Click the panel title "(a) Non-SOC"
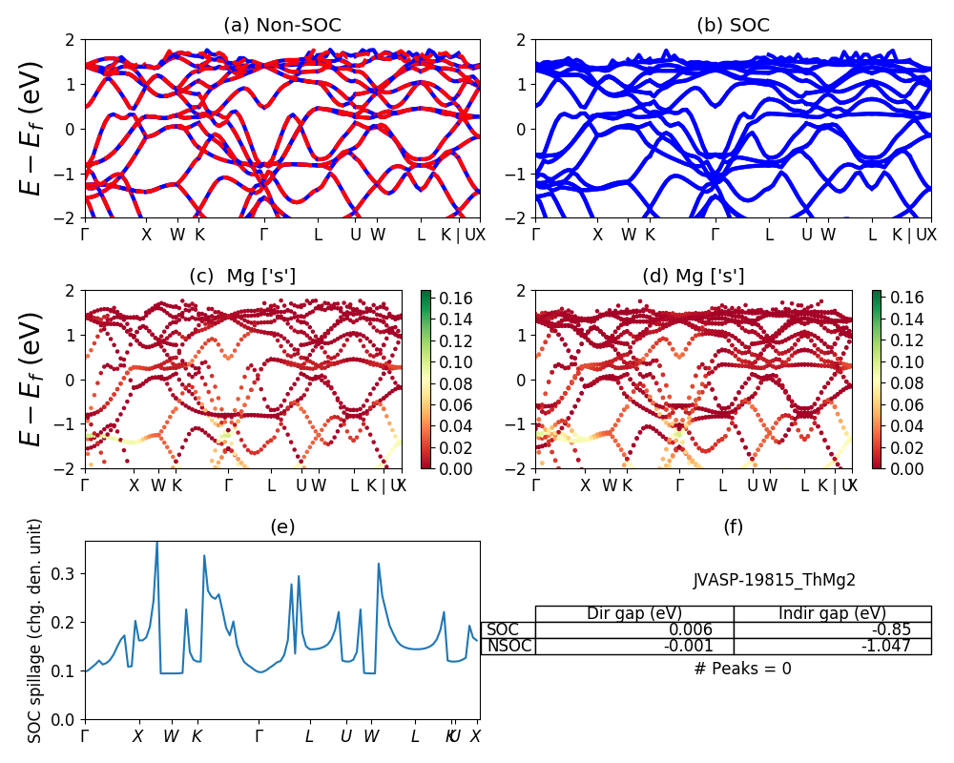click(x=281, y=26)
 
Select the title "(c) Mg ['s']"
click(x=242, y=277)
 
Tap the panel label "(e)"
click(x=281, y=526)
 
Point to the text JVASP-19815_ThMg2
click(x=774, y=580)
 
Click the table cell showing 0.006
click(x=633, y=629)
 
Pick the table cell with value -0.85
click(x=832, y=629)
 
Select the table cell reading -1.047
click(x=832, y=646)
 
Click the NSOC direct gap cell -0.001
click(x=633, y=646)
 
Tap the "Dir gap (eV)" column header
click(x=633, y=613)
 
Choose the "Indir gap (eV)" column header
click(x=832, y=613)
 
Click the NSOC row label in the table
click(x=508, y=646)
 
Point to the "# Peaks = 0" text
click(x=742, y=669)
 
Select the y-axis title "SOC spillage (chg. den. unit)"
click(x=35, y=630)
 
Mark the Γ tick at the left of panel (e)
click(x=85, y=736)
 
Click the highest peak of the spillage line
click(x=157, y=542)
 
